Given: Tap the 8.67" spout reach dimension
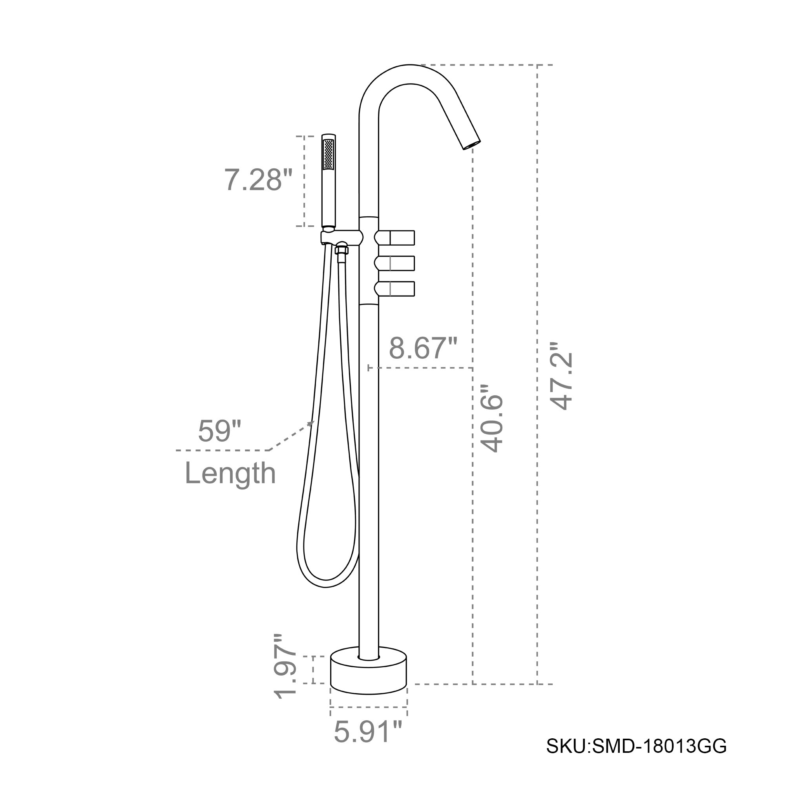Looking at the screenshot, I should click(x=423, y=348).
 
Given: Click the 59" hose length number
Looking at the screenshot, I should click(x=219, y=431).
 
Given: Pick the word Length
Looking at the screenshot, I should click(x=230, y=473).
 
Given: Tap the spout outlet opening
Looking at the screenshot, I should click(x=472, y=145).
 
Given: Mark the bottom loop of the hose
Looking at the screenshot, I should click(x=325, y=584).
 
